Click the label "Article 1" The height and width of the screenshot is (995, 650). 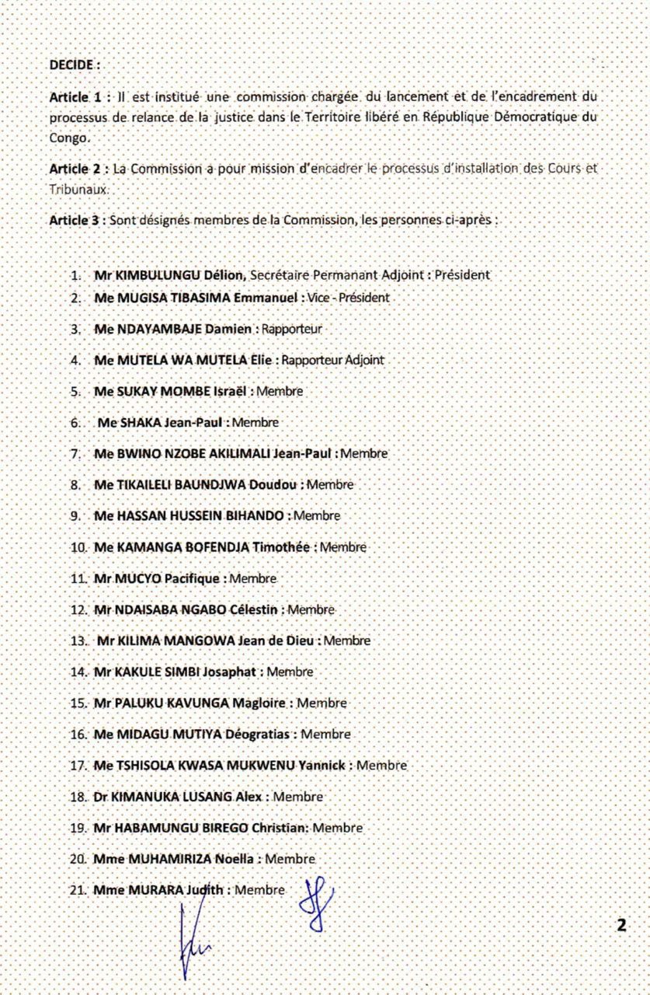click(x=75, y=97)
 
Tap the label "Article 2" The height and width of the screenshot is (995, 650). click(x=75, y=169)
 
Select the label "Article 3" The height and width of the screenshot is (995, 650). click(x=75, y=220)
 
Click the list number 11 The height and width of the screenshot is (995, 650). click(x=77, y=578)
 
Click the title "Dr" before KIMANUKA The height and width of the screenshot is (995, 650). click(x=99, y=797)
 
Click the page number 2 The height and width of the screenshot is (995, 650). click(x=620, y=925)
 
